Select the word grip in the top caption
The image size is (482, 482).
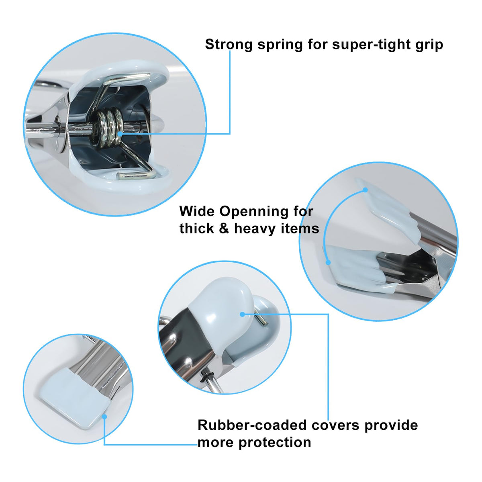[x=429, y=45]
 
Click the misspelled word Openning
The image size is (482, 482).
[x=254, y=212]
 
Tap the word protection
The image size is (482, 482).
[x=275, y=443]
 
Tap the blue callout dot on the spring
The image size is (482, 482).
[x=120, y=134]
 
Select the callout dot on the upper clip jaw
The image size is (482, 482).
[x=365, y=190]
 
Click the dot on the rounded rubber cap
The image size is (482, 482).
[x=242, y=314]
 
